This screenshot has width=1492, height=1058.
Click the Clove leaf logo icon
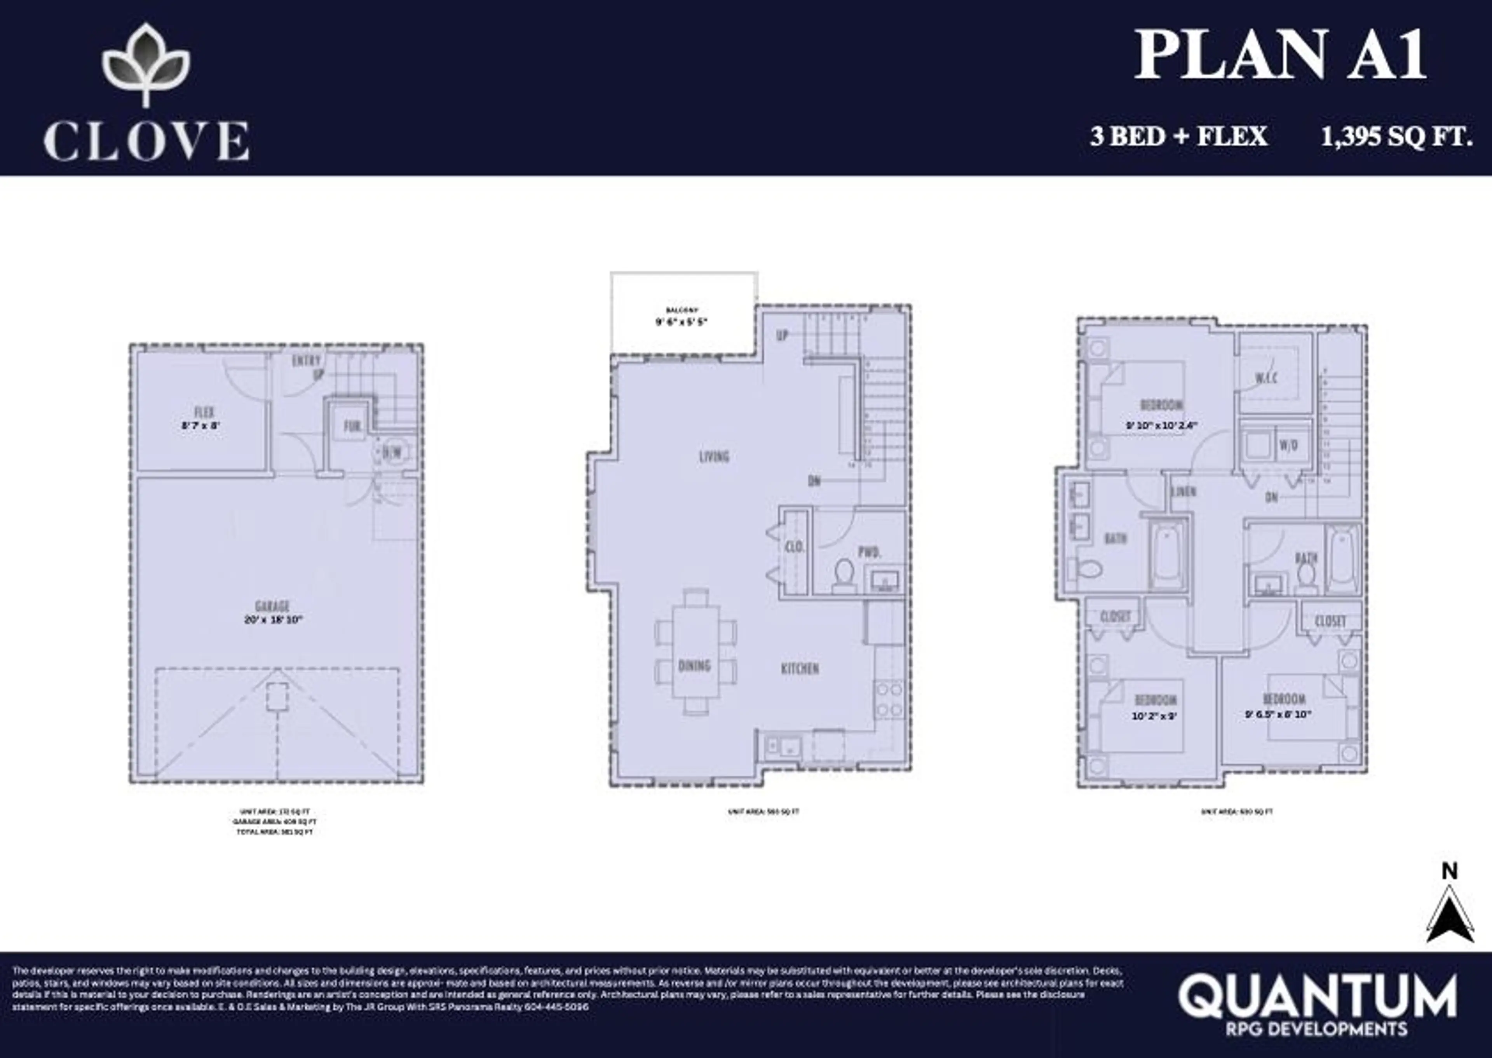[x=146, y=63]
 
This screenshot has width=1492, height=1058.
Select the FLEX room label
[x=204, y=412]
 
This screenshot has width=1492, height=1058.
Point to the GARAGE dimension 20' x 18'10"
[x=273, y=620]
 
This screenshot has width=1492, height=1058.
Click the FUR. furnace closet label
[x=352, y=427]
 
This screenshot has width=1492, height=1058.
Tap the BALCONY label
[x=682, y=310]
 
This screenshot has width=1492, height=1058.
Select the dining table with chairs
[x=696, y=652]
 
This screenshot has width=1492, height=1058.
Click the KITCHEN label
[x=800, y=668]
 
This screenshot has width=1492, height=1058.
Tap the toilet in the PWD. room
[x=844, y=574]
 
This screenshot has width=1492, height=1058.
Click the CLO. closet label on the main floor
[x=794, y=547]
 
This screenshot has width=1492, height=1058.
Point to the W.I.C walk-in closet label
[x=1266, y=378]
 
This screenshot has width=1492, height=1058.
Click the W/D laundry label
[x=1288, y=446]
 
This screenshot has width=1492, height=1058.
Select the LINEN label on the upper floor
[x=1183, y=492]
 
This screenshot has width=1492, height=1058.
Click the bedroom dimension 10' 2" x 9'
[x=1154, y=716]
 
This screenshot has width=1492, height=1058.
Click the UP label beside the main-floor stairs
[x=782, y=335]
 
